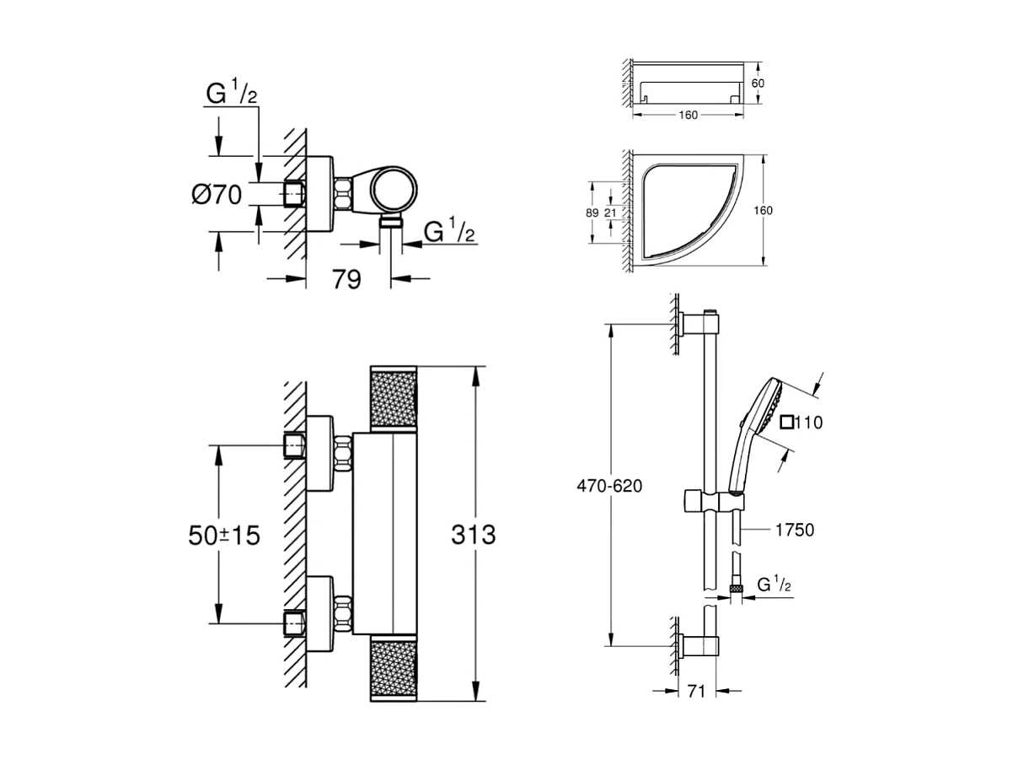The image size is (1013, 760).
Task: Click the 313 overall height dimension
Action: tap(473, 534)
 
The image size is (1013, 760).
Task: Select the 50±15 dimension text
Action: tap(222, 534)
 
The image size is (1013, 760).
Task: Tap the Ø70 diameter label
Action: tap(217, 195)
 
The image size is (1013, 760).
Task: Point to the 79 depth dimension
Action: tap(346, 279)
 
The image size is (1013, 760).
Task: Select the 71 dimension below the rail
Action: tap(695, 692)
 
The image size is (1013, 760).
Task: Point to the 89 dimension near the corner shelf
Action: tap(592, 213)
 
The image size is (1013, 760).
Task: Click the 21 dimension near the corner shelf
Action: tap(609, 213)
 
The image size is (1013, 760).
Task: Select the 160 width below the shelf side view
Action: tap(687, 116)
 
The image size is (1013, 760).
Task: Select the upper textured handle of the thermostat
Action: tap(394, 400)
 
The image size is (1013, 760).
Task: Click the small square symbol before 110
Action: tap(785, 423)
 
